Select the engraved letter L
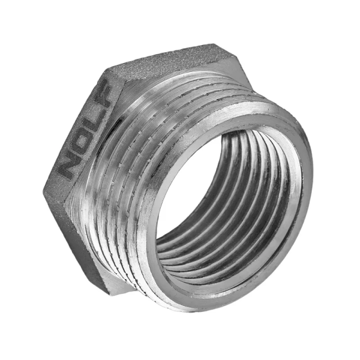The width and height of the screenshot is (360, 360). coord(89,125)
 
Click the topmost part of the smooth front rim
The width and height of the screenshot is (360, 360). coord(257,106)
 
